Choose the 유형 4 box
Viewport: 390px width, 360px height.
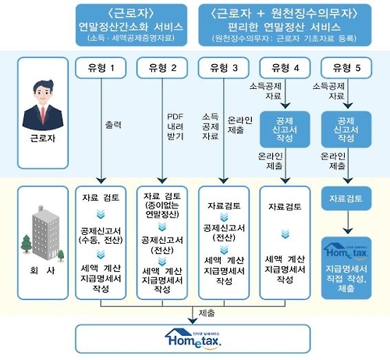click(284, 68)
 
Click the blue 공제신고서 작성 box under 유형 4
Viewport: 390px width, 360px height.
click(284, 129)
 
